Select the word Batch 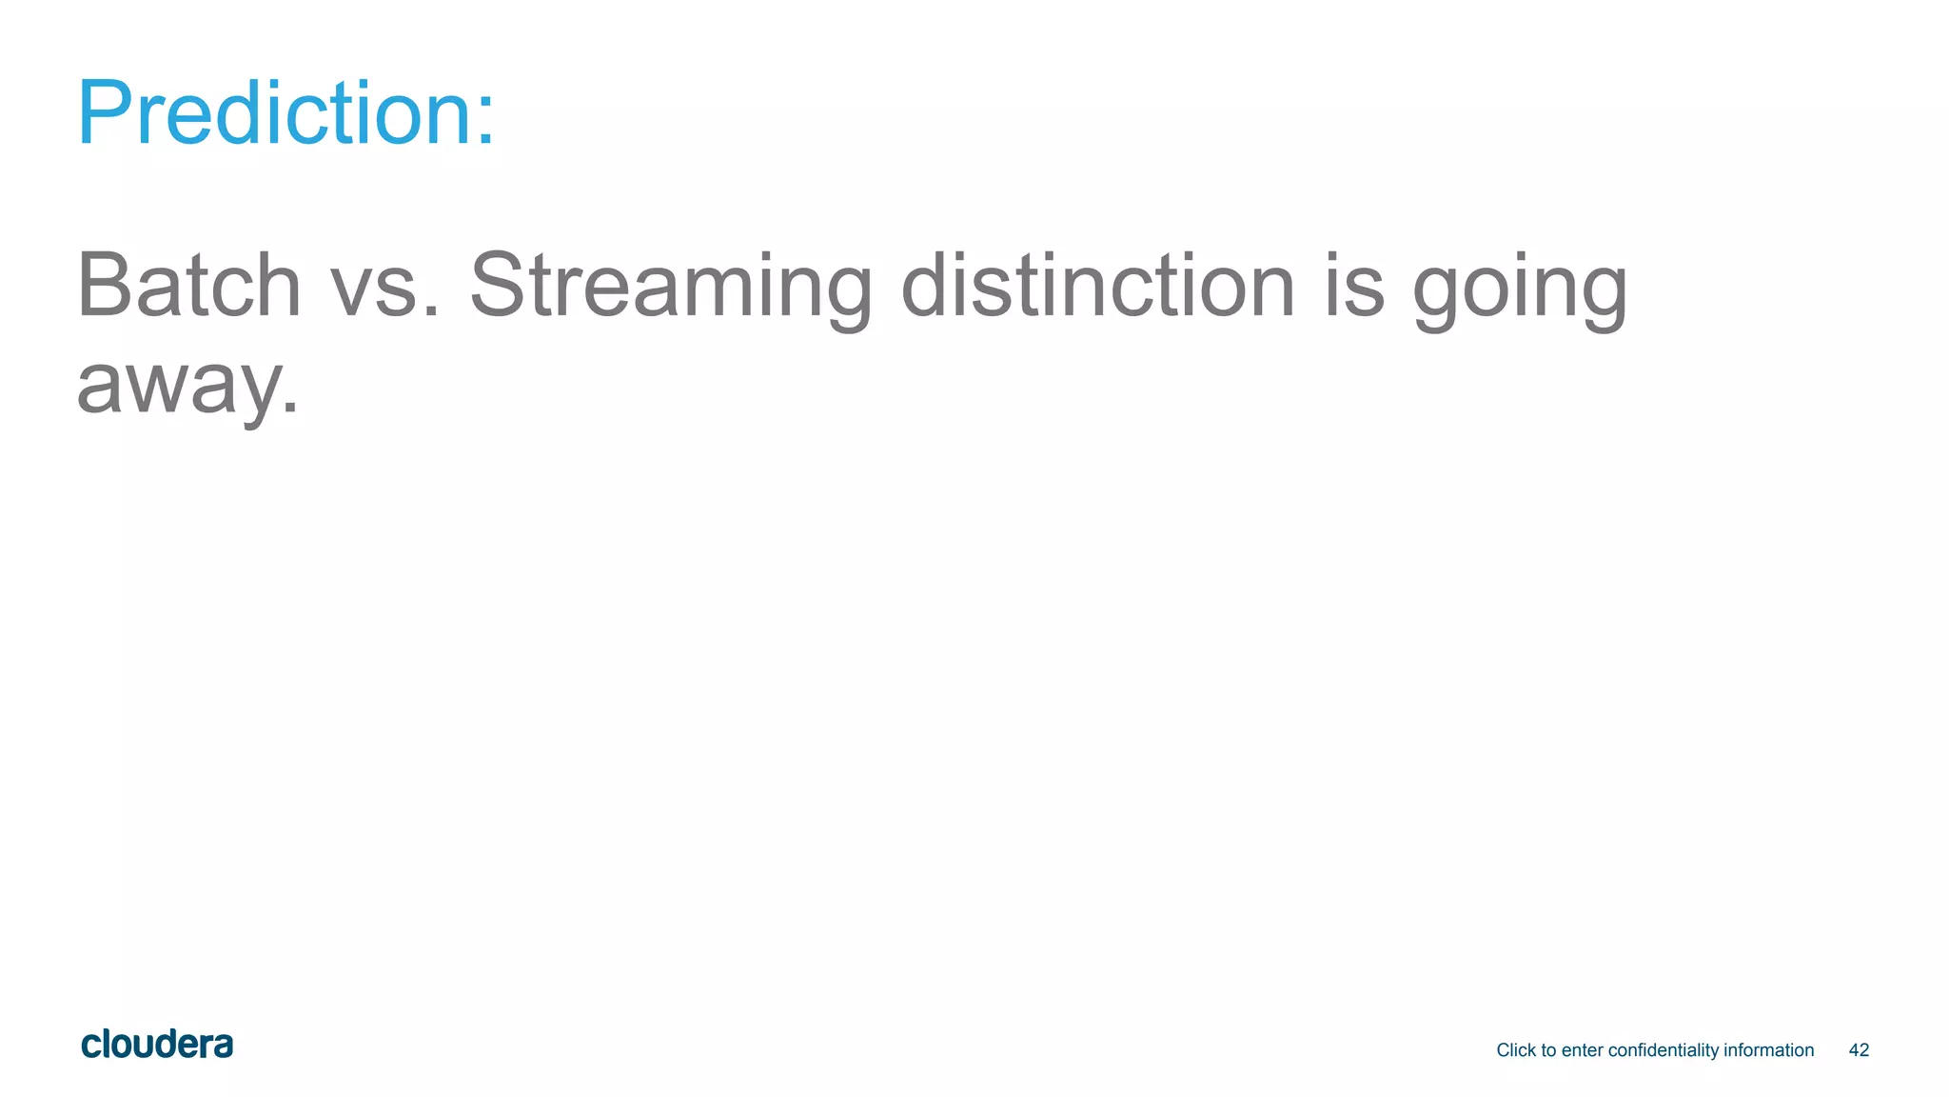tap(188, 285)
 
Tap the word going tap(1520, 289)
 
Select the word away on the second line tap(176, 386)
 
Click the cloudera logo tap(157, 1045)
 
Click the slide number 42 tap(1859, 1050)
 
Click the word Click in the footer tap(1516, 1050)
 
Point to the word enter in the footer tap(1582, 1050)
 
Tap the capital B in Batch tap(104, 285)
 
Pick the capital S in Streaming tap(501, 285)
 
